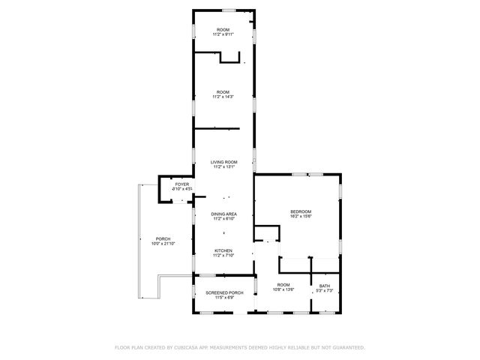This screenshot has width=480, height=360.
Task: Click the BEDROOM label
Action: coord(301,212)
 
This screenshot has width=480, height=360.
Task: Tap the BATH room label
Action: coord(324,285)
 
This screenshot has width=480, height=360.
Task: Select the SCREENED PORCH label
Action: coord(223,292)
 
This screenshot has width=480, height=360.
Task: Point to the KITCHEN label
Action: coord(223,250)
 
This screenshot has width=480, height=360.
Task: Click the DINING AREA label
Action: coord(223,214)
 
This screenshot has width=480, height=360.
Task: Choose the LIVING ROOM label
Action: coord(223,162)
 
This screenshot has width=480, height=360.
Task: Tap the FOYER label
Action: coord(182,184)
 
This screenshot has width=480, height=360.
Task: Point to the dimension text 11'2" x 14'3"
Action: coord(223,97)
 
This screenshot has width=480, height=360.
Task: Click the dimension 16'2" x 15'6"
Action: coord(301,217)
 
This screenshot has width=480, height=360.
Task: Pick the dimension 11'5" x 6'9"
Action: coord(223,297)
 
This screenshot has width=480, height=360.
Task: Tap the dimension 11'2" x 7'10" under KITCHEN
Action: coord(223,256)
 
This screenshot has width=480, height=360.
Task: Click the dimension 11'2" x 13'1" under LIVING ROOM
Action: coord(223,167)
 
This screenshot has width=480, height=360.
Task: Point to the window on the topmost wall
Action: coord(228,10)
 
